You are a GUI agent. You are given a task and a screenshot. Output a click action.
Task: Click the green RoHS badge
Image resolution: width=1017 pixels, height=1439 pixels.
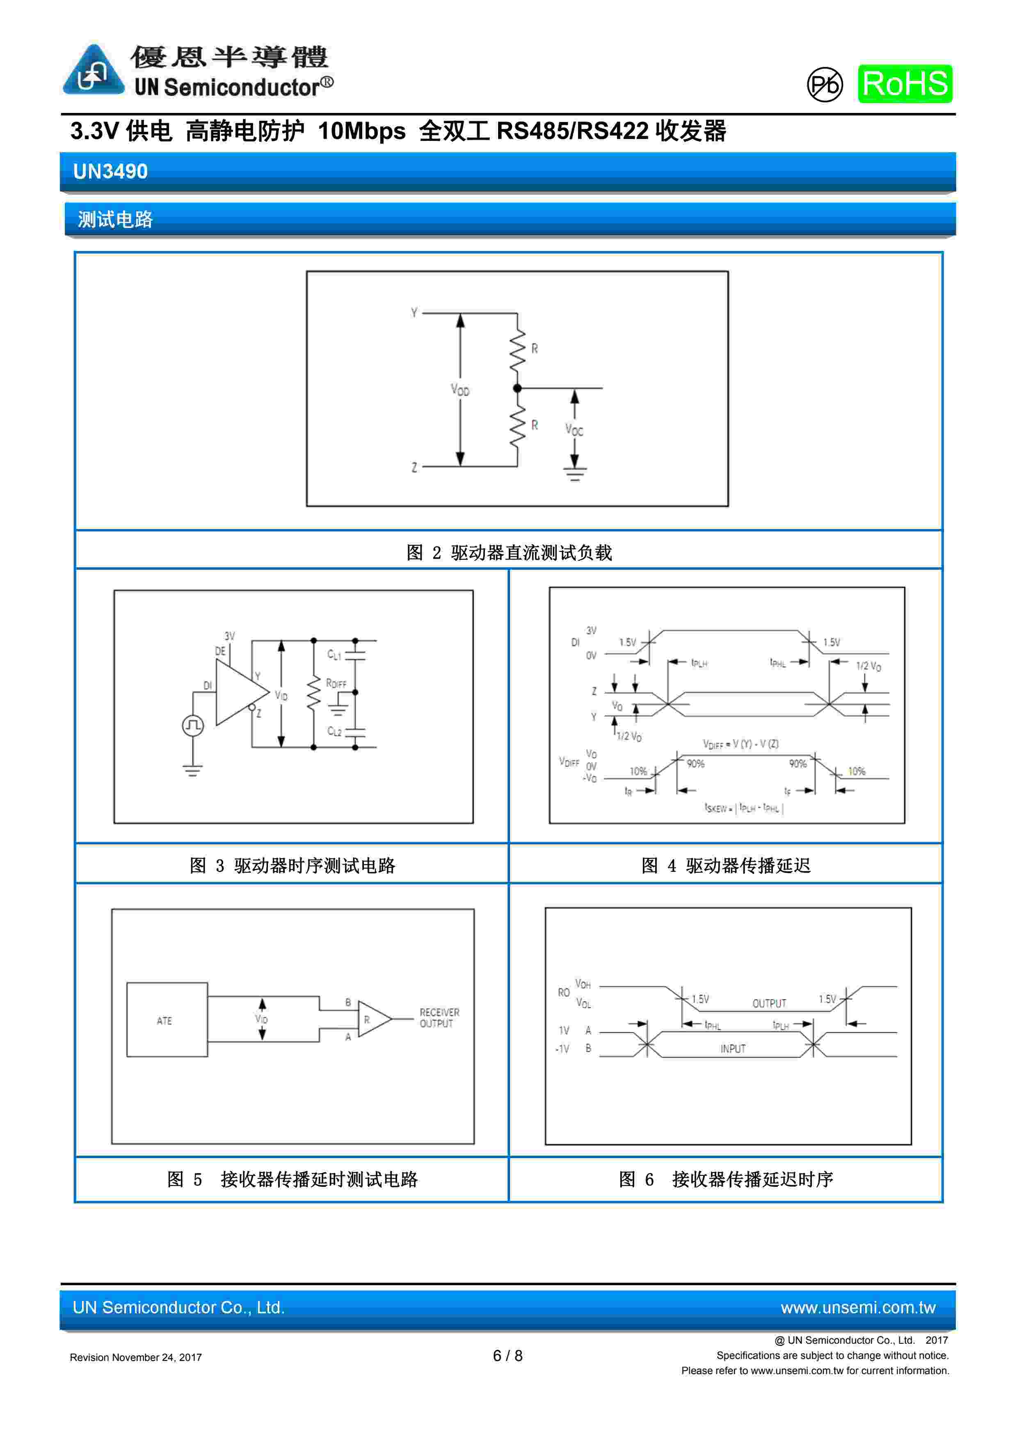pyautogui.click(x=905, y=83)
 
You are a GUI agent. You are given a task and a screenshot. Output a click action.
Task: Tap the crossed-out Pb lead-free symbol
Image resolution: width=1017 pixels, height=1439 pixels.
pyautogui.click(x=825, y=85)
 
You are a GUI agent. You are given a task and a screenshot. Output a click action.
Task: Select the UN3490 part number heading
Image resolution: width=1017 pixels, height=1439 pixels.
pyautogui.click(x=110, y=171)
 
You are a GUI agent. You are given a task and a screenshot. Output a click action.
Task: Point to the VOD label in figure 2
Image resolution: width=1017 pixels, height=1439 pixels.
pyautogui.click(x=460, y=390)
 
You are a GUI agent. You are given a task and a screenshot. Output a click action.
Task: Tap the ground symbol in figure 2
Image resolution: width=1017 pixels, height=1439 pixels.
pyautogui.click(x=574, y=474)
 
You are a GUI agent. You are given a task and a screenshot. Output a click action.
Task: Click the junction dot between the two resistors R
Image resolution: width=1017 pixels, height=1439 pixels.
pyautogui.click(x=517, y=388)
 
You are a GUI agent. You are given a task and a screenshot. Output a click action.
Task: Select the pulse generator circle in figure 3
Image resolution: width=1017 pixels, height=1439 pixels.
pyautogui.click(x=193, y=726)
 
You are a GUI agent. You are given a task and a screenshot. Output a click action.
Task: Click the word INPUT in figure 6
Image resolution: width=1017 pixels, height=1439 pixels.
pyautogui.click(x=733, y=1048)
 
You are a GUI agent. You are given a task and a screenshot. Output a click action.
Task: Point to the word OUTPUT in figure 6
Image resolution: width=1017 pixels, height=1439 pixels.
pyautogui.click(x=769, y=1003)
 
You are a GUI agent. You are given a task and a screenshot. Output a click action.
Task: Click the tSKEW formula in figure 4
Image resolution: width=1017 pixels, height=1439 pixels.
pyautogui.click(x=744, y=808)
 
